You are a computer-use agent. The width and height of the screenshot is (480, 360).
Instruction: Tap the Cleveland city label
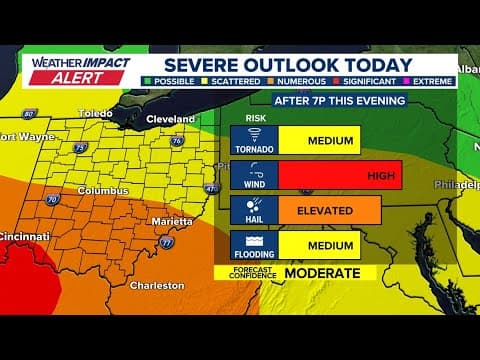(x=171, y=119)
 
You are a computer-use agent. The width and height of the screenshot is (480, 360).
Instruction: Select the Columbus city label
(x=105, y=190)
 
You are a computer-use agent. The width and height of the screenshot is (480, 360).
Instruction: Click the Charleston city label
(x=157, y=285)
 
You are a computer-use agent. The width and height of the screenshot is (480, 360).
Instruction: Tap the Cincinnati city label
(x=24, y=236)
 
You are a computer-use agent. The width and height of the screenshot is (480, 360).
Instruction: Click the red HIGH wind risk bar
(x=339, y=175)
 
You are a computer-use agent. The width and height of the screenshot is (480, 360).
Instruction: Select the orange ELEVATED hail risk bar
(x=329, y=210)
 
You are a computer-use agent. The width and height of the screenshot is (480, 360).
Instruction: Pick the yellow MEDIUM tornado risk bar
(x=319, y=140)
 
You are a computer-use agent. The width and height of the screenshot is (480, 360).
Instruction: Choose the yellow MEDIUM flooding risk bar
(x=319, y=245)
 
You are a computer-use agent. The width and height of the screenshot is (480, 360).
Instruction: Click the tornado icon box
(x=254, y=140)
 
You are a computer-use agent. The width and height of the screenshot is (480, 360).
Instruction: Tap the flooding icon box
(x=254, y=245)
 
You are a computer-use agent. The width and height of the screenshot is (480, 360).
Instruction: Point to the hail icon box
(x=254, y=210)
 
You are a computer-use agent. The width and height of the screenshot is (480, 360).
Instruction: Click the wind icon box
(x=254, y=175)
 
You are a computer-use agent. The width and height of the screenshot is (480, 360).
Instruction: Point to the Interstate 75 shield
(x=79, y=147)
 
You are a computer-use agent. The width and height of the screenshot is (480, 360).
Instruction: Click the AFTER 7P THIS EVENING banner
(x=339, y=101)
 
